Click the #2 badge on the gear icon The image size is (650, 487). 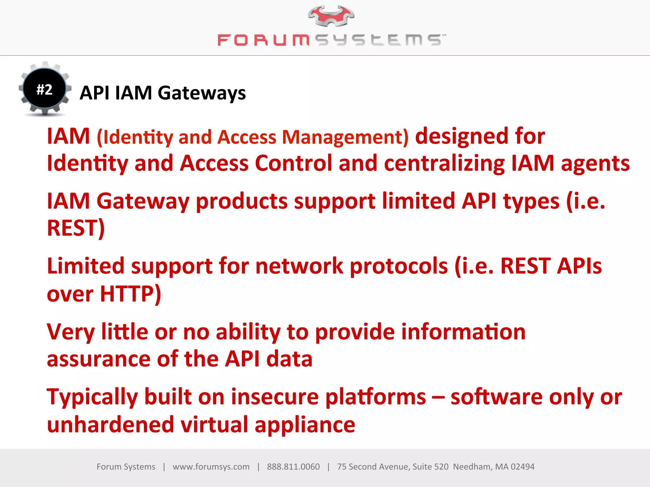pos(44,89)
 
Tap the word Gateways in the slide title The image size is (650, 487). pos(202,93)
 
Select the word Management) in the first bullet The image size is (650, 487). pos(345,137)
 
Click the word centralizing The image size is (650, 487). pos(444,163)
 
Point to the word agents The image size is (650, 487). pos(595,163)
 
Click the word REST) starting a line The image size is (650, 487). pos(76,228)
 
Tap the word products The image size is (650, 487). pos(242,201)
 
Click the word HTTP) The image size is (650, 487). pos(130,294)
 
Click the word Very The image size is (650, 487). pos(70,332)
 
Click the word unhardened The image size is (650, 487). pos(110,425)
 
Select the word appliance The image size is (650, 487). pos(305,425)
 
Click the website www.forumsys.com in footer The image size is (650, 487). pos(211,467)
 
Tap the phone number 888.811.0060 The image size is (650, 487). pos(293,467)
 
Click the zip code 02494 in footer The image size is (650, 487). pos(522,467)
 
